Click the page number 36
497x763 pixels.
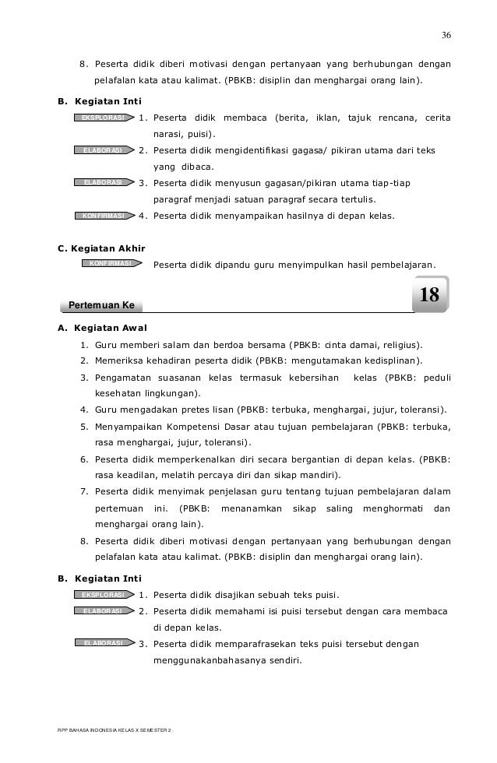[446, 35]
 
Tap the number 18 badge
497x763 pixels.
[429, 295]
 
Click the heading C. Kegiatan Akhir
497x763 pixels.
[102, 249]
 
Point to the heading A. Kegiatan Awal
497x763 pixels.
[102, 328]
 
